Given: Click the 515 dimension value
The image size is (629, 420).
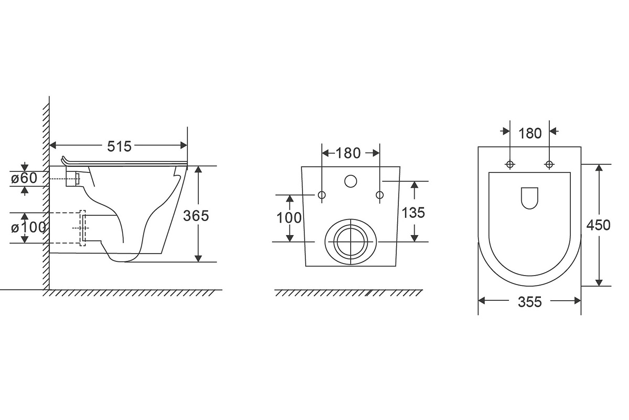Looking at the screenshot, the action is click(120, 146).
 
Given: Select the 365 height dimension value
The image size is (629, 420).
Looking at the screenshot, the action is click(196, 216).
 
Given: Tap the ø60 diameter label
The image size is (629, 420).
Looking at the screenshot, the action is click(24, 178).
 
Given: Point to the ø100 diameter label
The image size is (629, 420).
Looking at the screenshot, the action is click(28, 227).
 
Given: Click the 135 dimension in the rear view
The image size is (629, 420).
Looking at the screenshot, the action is click(413, 213).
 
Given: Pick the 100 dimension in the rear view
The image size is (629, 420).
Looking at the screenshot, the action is click(289, 218).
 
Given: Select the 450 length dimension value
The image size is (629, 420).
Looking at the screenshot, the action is click(599, 225).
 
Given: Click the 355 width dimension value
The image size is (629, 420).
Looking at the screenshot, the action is click(530, 302).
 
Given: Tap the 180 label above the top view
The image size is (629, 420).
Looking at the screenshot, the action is click(530, 133).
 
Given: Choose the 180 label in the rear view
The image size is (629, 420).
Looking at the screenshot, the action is click(348, 153).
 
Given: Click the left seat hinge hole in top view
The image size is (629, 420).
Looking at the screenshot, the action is click(510, 164).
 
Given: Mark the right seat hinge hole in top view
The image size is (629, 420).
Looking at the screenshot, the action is click(549, 164).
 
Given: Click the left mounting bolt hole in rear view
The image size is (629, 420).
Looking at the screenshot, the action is click(322, 195).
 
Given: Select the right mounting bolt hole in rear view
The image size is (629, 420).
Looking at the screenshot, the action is click(379, 195).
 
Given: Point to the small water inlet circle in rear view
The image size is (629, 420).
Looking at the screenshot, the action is click(351, 182).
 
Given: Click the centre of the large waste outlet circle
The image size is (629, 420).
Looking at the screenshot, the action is click(351, 241).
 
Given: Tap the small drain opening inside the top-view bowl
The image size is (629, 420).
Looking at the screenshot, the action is click(529, 198).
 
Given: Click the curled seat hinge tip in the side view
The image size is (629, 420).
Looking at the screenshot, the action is click(63, 160).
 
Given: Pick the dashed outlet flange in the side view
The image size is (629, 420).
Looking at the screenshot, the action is click(82, 228).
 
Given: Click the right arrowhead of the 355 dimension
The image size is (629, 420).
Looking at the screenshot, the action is click(577, 301).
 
